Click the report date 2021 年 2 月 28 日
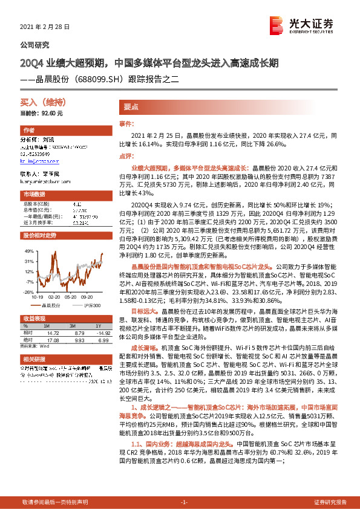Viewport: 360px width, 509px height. click(45, 27)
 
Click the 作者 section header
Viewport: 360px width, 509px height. click(28, 131)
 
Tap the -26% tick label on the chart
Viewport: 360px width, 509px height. click(28, 292)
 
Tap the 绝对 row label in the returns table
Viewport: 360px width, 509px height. click(28, 340)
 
